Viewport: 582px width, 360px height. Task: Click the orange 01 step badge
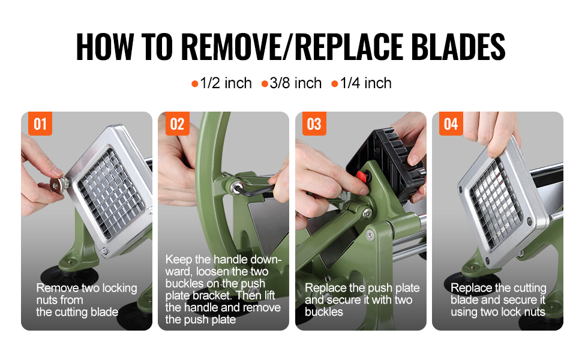[40, 124]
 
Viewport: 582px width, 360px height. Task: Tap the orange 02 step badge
[177, 124]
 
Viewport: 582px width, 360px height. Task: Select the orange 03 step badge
[314, 124]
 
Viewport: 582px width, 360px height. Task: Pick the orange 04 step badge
[451, 124]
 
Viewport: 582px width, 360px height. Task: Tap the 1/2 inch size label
[226, 83]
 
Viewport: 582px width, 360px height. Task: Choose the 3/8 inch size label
[295, 83]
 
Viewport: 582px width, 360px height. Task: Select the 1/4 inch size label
[365, 83]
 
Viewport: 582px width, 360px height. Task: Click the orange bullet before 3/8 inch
[265, 84]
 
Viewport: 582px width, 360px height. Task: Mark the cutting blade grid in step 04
[496, 204]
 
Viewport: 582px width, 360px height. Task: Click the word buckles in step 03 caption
[323, 312]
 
